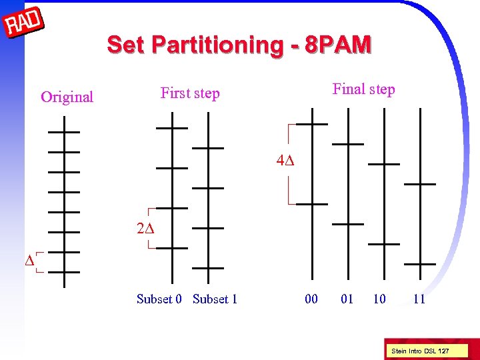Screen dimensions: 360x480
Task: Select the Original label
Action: (67, 97)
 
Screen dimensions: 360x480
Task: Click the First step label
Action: (190, 93)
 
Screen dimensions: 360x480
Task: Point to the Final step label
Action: (363, 89)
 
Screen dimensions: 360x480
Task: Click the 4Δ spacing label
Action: (285, 161)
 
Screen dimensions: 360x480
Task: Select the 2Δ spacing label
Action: (145, 229)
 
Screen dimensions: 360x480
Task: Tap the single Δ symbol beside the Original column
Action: (29, 261)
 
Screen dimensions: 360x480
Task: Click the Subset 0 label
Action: (159, 299)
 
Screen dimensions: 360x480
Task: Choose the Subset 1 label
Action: (215, 299)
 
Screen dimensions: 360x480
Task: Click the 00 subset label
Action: (311, 299)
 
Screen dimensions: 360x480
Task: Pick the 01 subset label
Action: (347, 299)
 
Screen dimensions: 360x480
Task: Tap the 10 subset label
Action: (379, 299)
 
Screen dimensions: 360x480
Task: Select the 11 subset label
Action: (419, 299)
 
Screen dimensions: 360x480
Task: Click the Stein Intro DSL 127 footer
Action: (419, 351)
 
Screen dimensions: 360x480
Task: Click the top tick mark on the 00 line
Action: (311, 124)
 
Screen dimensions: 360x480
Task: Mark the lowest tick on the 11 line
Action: (420, 264)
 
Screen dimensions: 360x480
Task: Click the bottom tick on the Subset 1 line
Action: (208, 268)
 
